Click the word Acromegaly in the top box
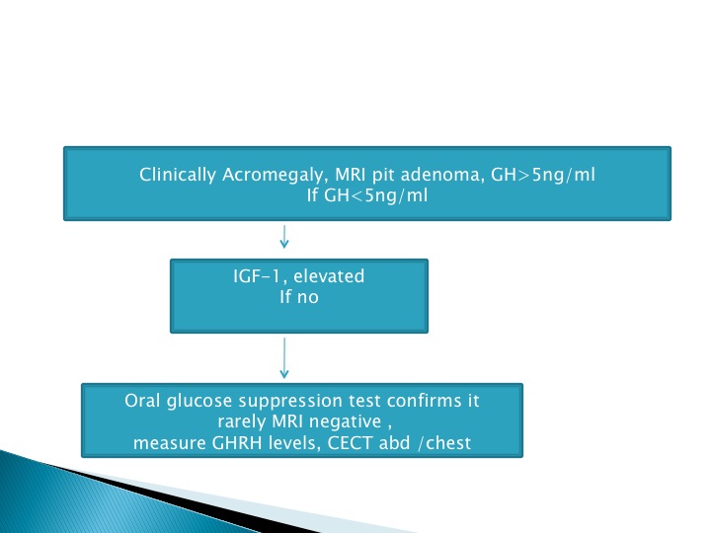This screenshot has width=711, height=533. click(273, 176)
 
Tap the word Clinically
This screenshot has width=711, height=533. click(178, 175)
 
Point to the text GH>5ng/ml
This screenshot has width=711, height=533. click(543, 175)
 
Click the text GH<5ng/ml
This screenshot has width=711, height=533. click(376, 195)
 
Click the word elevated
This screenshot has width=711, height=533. click(329, 276)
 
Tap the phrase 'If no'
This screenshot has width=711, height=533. click(299, 297)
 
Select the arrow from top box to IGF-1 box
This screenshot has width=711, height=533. click(284, 236)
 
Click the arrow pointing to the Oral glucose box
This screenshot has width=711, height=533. click(284, 357)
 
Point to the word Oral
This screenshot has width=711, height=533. click(142, 401)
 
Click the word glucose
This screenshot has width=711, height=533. click(199, 402)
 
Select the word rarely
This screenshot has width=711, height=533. click(242, 422)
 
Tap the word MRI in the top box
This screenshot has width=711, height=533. click(350, 175)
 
